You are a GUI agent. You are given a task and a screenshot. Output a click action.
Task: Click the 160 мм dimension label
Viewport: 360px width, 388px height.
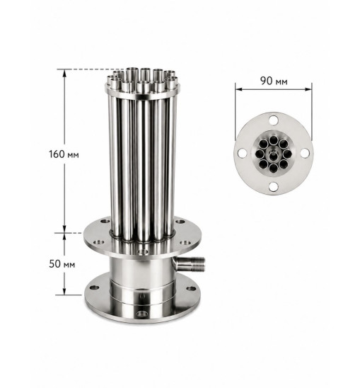[64, 154]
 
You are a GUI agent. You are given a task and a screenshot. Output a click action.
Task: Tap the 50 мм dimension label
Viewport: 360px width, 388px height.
[62, 264]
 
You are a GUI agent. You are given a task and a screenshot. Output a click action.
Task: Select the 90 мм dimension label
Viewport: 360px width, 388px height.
[274, 81]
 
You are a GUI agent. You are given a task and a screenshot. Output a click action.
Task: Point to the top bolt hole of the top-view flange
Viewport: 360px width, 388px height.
[274, 120]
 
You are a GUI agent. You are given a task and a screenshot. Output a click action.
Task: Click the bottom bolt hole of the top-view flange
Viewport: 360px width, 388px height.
[274, 187]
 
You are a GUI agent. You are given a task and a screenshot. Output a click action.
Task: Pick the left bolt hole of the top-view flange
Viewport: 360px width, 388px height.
[242, 153]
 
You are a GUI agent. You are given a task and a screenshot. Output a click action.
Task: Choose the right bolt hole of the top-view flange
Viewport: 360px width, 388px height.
[305, 153]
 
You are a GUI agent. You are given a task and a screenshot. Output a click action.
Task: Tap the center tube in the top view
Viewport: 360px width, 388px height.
[273, 155]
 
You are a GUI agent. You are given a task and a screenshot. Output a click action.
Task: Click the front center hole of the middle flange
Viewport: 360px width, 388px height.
[143, 252]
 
